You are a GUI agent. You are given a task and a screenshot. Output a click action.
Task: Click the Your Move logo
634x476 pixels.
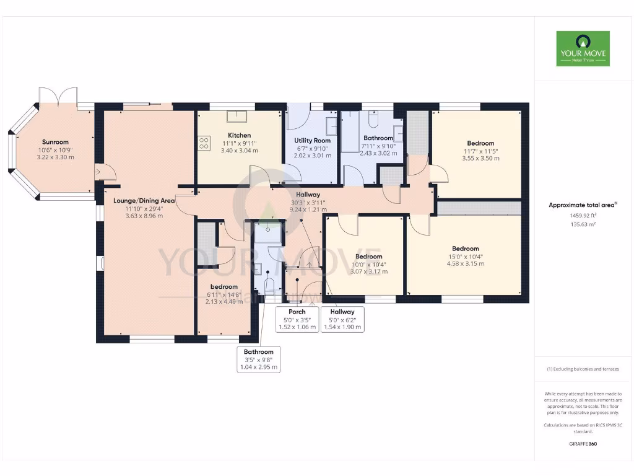click(x=583, y=48)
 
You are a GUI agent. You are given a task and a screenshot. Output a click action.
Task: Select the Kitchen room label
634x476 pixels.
click(x=239, y=135)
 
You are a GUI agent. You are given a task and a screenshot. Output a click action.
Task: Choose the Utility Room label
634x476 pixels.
click(x=313, y=141)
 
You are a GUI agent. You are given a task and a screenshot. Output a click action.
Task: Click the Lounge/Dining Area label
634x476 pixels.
click(x=144, y=200)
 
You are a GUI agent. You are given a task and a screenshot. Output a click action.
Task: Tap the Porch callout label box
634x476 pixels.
click(x=297, y=319)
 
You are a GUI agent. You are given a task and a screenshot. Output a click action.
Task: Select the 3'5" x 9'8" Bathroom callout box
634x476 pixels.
click(x=258, y=359)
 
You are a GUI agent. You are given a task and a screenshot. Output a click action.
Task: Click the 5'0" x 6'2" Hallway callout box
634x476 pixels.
click(x=342, y=319)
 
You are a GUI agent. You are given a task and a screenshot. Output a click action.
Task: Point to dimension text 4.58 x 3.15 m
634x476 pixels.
click(x=465, y=263)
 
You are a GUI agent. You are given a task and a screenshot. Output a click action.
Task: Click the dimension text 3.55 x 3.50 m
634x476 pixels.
click(x=480, y=158)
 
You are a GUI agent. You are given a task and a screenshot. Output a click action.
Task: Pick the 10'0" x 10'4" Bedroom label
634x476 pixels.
click(x=368, y=256)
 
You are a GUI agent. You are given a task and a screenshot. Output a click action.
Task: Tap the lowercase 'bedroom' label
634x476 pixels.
click(x=224, y=286)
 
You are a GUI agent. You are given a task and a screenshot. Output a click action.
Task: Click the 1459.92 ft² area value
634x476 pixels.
click(x=582, y=215)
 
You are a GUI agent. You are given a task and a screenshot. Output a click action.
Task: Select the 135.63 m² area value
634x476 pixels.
click(x=582, y=224)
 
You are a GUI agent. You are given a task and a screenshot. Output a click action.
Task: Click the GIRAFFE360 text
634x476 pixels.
click(x=582, y=444)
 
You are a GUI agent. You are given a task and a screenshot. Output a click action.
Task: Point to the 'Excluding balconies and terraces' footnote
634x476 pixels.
click(x=582, y=369)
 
